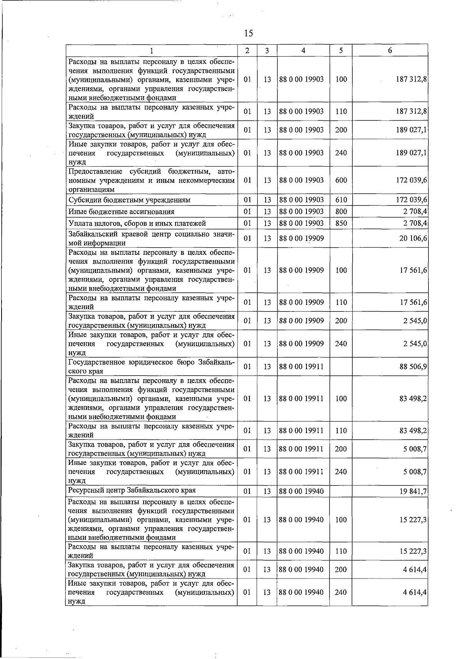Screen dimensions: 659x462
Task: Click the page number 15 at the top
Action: (x=248, y=33)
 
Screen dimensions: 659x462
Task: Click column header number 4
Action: (x=303, y=50)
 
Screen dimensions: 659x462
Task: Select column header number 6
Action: (x=390, y=50)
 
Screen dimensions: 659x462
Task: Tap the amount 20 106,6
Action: (x=413, y=238)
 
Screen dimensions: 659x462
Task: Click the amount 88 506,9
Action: (x=413, y=366)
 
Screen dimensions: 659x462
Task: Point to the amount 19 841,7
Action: (x=413, y=492)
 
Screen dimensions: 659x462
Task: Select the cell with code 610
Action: (x=341, y=200)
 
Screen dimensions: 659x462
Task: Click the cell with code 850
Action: (x=341, y=223)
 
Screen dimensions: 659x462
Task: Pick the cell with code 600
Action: (x=341, y=180)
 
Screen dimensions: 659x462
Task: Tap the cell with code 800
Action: (x=341, y=211)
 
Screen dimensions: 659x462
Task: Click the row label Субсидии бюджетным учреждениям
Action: (x=129, y=200)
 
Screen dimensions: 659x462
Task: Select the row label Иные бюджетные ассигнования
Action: (x=121, y=212)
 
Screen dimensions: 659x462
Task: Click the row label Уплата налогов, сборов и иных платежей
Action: (x=137, y=223)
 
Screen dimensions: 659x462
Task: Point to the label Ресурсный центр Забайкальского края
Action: (x=132, y=490)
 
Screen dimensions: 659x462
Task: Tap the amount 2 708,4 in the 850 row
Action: (x=415, y=223)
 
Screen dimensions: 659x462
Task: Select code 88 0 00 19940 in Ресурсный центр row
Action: (x=301, y=492)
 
